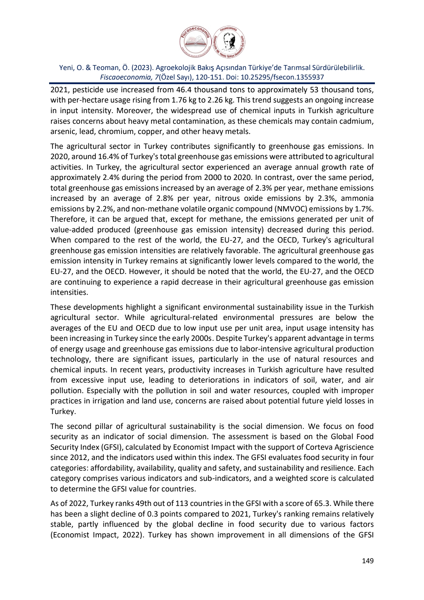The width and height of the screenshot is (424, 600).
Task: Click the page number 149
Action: tap(368, 561)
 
